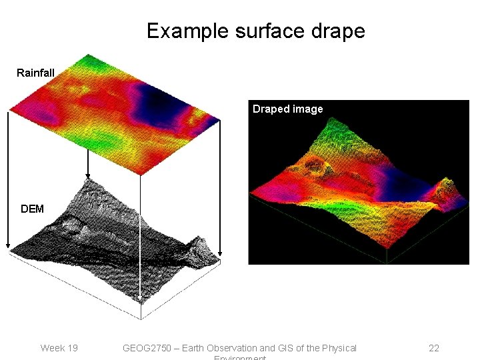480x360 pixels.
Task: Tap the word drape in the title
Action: (x=339, y=31)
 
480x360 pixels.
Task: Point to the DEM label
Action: (x=32, y=209)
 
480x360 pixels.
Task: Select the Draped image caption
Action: (x=287, y=109)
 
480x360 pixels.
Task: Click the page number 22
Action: (x=433, y=348)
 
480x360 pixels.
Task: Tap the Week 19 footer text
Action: (x=59, y=348)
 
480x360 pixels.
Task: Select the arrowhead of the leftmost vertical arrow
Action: (x=8, y=245)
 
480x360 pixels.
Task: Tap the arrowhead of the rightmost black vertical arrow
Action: (x=220, y=253)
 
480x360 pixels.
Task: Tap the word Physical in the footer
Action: (x=337, y=348)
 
